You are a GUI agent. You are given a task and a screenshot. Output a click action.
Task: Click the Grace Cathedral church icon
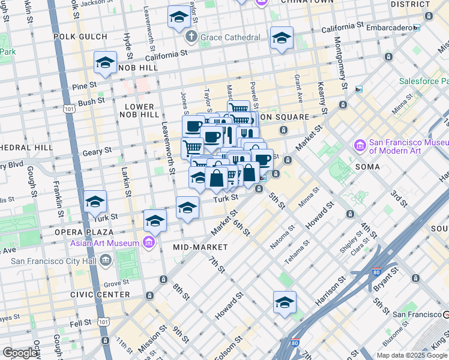tap(191, 37)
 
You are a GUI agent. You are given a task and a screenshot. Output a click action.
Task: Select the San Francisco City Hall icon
tap(106, 260)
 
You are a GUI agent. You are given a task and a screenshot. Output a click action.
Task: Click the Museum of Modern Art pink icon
tap(360, 145)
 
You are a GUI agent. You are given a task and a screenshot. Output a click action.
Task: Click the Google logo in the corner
tap(20, 353)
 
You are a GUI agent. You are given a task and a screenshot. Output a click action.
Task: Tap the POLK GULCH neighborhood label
tap(80, 37)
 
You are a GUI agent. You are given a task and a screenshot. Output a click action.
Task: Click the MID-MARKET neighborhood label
tap(200, 247)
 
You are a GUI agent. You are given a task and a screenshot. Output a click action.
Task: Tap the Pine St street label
tap(83, 86)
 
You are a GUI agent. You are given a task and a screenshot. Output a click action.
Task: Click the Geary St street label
tap(98, 151)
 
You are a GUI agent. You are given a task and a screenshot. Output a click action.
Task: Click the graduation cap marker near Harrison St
tap(285, 302)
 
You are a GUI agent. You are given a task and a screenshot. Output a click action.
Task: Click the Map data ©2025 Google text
tap(411, 355)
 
